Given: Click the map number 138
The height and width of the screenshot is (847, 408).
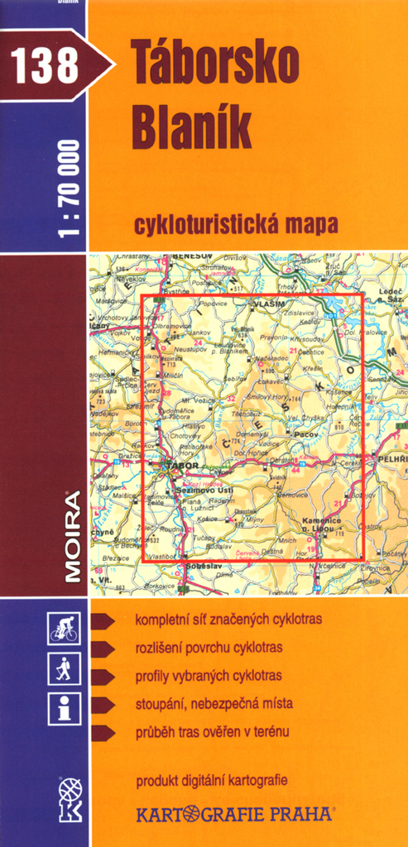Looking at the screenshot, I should (45, 65).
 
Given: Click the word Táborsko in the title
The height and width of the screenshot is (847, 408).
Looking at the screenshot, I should (212, 69).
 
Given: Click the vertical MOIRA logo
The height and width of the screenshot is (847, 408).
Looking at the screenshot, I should (73, 537).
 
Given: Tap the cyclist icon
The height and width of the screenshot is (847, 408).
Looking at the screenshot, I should (64, 629).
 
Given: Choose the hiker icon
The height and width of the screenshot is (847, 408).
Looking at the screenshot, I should (64, 668).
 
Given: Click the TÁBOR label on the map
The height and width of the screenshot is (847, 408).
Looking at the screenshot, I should (184, 466).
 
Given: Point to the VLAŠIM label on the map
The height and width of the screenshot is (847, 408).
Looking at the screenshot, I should (269, 304).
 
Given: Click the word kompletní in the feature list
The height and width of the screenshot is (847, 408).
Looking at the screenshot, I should (162, 620).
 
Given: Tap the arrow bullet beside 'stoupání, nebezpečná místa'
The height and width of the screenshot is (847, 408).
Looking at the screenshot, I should (103, 705).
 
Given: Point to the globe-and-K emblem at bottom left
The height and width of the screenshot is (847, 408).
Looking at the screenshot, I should (70, 798).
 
